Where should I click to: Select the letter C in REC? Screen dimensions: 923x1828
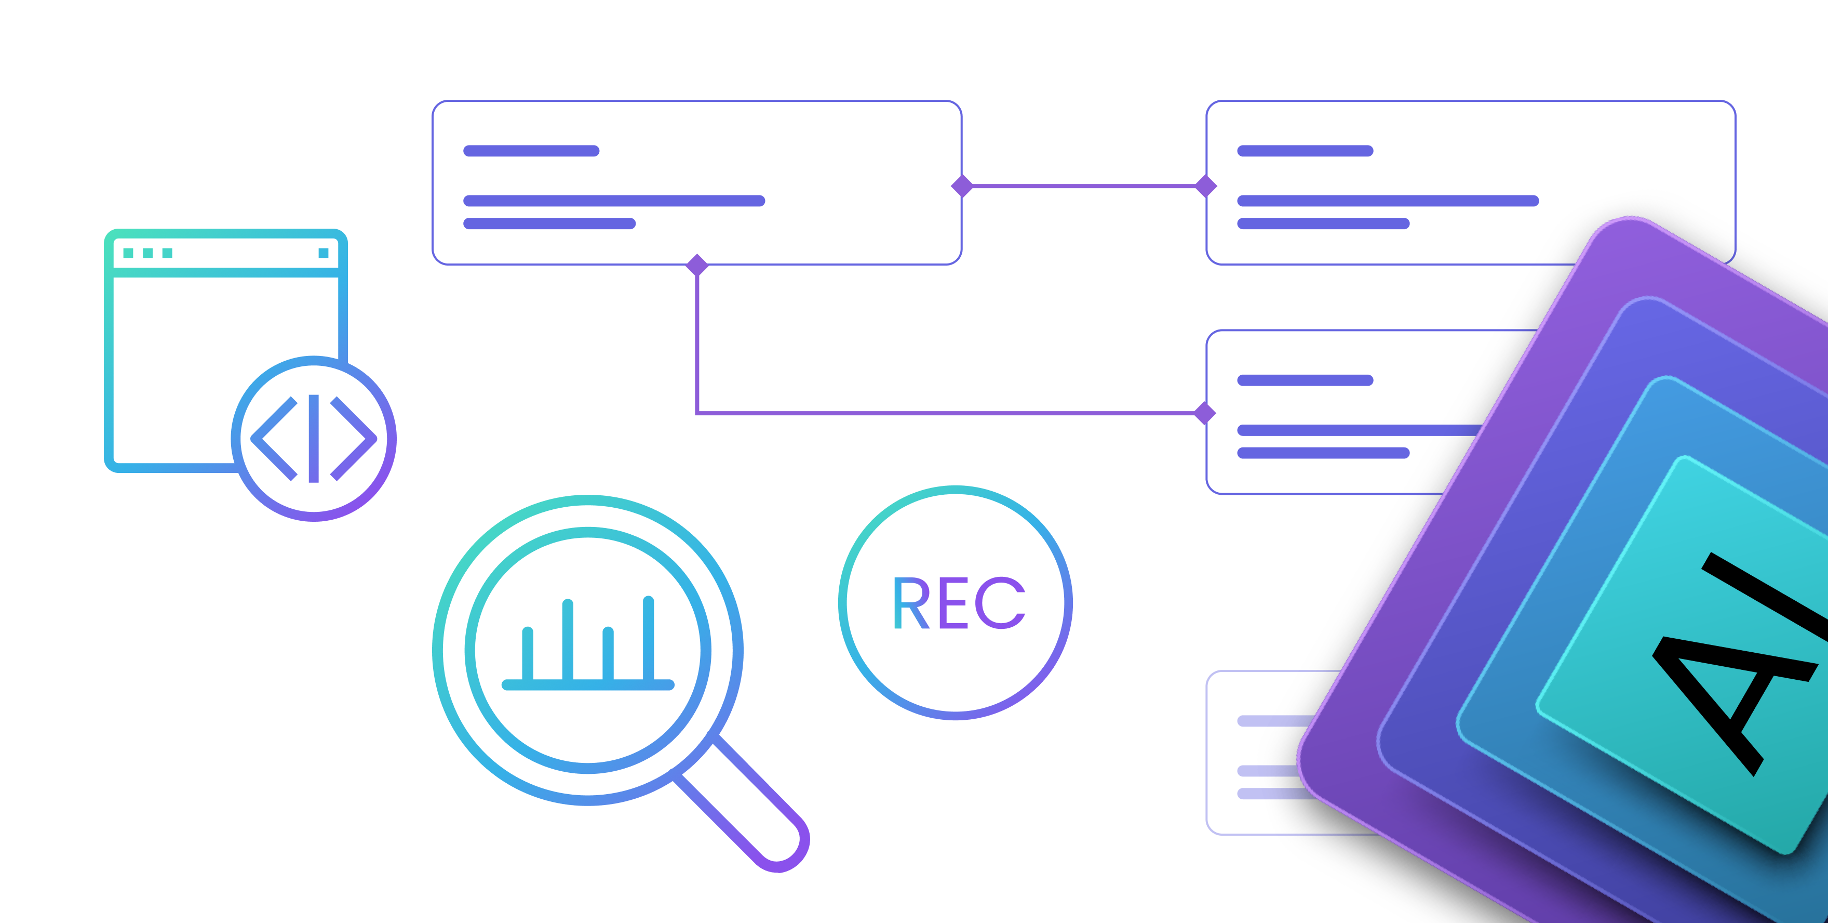pos(1001,603)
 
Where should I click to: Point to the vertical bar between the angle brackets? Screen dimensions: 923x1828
pos(314,438)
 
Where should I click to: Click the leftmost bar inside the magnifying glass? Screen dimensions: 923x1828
pos(527,655)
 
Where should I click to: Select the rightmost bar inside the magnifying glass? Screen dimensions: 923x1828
pos(648,639)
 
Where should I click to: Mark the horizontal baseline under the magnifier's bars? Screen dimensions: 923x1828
pos(587,685)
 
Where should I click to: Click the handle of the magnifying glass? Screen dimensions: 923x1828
pos(745,802)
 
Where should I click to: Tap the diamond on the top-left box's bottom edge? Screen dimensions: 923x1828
pos(697,265)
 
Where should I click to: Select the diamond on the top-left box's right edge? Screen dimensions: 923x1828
pos(962,186)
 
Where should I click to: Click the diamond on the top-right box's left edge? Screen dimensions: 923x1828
pos(1206,186)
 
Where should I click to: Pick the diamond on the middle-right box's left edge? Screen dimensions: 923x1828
pos(1206,413)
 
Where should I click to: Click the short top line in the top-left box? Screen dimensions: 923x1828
pos(531,151)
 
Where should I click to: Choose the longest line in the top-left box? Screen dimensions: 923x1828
pos(614,201)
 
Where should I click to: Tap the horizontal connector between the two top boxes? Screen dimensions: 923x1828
pos(1084,186)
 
